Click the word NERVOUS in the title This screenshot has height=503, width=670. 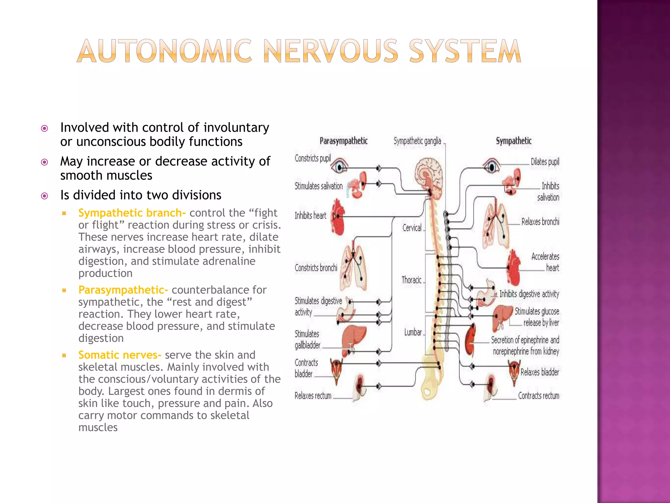(x=331, y=51)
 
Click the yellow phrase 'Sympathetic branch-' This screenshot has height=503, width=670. (x=132, y=213)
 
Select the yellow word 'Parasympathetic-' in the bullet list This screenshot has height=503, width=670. (x=123, y=290)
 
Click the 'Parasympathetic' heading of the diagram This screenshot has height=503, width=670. (x=344, y=141)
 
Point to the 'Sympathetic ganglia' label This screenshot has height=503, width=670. (x=417, y=141)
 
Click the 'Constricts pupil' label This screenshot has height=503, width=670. (x=312, y=158)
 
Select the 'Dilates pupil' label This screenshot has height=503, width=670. (x=545, y=162)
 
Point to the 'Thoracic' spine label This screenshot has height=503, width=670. (x=411, y=280)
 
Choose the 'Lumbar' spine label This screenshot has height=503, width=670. (x=413, y=332)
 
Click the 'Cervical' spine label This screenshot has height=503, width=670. (x=412, y=228)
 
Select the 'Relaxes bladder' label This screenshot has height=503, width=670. (x=539, y=372)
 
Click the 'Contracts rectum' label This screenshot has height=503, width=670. (x=538, y=396)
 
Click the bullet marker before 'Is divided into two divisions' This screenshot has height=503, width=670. (x=44, y=196)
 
